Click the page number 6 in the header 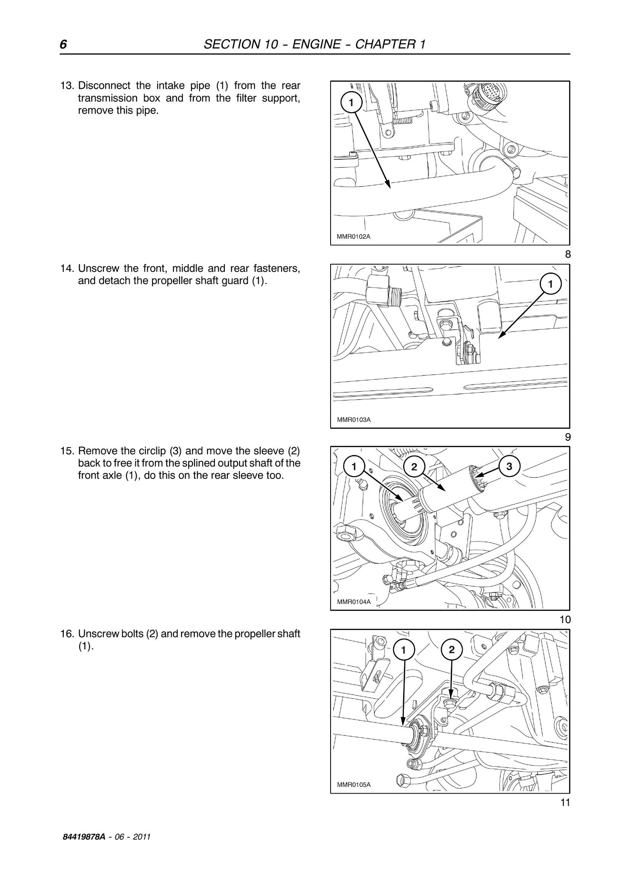pyautogui.click(x=63, y=44)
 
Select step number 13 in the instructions pyautogui.click(x=67, y=85)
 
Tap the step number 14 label pyautogui.click(x=67, y=268)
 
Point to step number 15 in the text pyautogui.click(x=67, y=451)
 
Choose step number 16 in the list pyautogui.click(x=67, y=634)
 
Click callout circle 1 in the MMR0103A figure pyautogui.click(x=550, y=284)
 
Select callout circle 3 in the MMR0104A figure pyautogui.click(x=509, y=466)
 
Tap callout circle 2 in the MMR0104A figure pyautogui.click(x=414, y=467)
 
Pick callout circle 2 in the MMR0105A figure pyautogui.click(x=452, y=650)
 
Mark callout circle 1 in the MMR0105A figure pyautogui.click(x=403, y=650)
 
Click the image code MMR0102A pyautogui.click(x=354, y=237)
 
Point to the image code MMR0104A pyautogui.click(x=354, y=602)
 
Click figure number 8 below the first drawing pyautogui.click(x=567, y=254)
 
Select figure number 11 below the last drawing pyautogui.click(x=565, y=802)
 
